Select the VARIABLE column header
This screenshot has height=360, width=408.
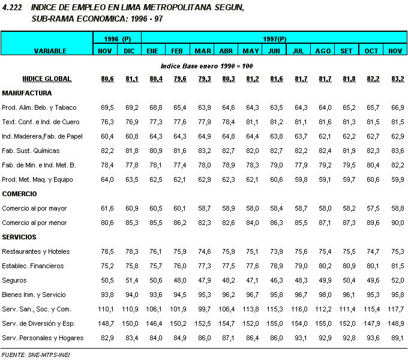click(50, 51)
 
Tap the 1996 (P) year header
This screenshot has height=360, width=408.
click(118, 38)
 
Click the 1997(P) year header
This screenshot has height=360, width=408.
click(274, 38)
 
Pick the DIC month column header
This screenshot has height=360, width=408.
click(130, 51)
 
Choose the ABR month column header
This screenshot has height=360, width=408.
click(226, 51)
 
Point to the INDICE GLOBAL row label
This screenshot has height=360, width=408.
click(47, 79)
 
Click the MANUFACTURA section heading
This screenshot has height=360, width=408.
click(27, 93)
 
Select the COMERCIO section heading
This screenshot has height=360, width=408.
click(20, 194)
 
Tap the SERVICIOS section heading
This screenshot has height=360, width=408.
click(19, 237)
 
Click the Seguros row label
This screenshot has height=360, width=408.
click(14, 280)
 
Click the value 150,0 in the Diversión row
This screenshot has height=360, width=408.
click(130, 323)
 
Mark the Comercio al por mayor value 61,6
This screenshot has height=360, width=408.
click(106, 208)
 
